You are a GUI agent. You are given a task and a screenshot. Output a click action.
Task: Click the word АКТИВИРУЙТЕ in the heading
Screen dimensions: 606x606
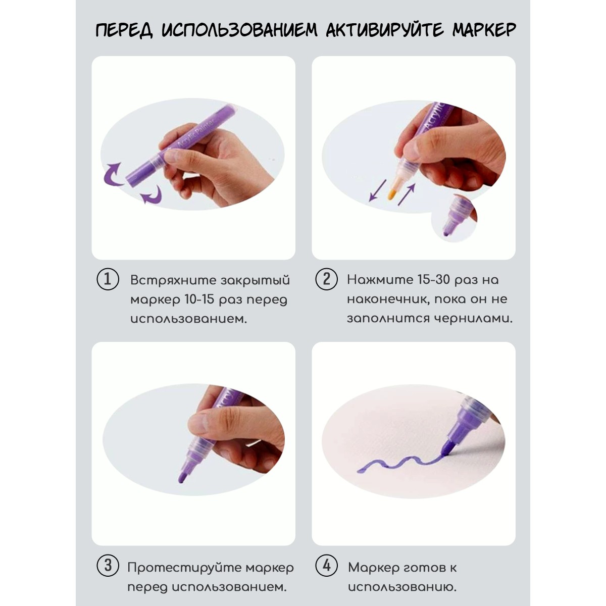point(385,30)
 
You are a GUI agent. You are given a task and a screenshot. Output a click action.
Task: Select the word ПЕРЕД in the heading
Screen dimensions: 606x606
point(124,30)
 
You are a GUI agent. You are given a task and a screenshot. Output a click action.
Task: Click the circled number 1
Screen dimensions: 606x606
point(108,279)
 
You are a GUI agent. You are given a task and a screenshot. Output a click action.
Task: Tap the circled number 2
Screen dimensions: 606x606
point(326,279)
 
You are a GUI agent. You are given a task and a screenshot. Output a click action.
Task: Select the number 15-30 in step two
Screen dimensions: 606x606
point(433,279)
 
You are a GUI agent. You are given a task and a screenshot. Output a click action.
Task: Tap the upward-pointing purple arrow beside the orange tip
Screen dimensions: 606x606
point(407,194)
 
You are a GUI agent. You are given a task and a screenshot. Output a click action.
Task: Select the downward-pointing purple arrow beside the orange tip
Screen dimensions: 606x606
point(377,190)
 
